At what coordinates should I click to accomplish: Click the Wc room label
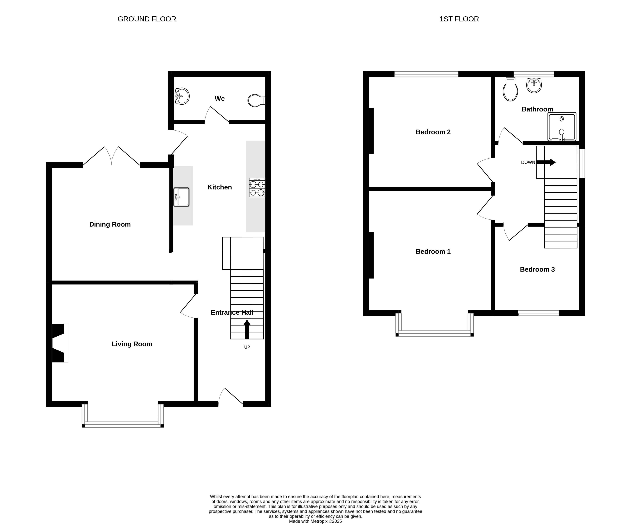tap(220, 99)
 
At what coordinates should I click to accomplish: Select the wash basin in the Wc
tap(182, 96)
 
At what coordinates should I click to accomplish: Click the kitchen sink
tap(181, 197)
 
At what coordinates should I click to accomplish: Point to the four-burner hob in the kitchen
tap(257, 187)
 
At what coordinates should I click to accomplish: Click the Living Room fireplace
tap(60, 343)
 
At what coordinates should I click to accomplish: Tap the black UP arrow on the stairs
tap(247, 330)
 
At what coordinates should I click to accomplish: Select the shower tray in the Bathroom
tap(562, 127)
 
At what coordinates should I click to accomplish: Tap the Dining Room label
tap(110, 224)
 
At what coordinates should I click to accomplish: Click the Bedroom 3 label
tap(537, 269)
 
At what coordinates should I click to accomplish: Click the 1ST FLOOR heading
tap(459, 19)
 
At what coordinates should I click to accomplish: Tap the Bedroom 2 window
tap(426, 74)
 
